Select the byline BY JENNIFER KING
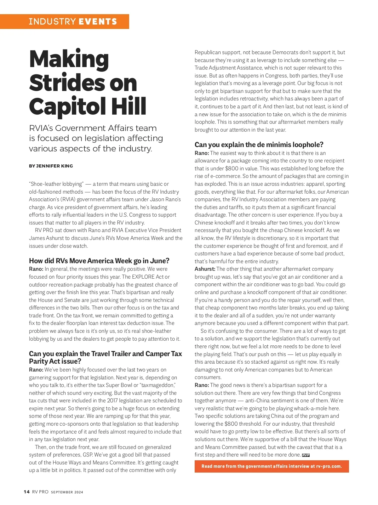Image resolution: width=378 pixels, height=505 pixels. coord(51,166)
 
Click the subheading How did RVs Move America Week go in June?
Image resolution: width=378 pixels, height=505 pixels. coord(99,261)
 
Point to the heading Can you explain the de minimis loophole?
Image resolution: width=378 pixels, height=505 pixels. coord(259,145)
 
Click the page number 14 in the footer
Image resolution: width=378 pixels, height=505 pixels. coord(26,492)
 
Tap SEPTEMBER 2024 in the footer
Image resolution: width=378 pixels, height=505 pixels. coord(67,492)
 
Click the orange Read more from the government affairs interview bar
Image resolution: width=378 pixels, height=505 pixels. coord(272,466)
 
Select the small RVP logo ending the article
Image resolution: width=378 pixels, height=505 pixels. coord(306,455)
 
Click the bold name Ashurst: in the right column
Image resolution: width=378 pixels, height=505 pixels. coord(205,269)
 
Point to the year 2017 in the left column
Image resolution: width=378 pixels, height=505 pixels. coord(112,400)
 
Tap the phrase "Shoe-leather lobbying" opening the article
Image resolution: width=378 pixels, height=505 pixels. coord(56,184)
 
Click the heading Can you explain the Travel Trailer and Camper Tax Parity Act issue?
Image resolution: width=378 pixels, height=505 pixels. coord(106,357)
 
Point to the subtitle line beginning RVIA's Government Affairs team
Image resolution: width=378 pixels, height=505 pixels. coord(93,128)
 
